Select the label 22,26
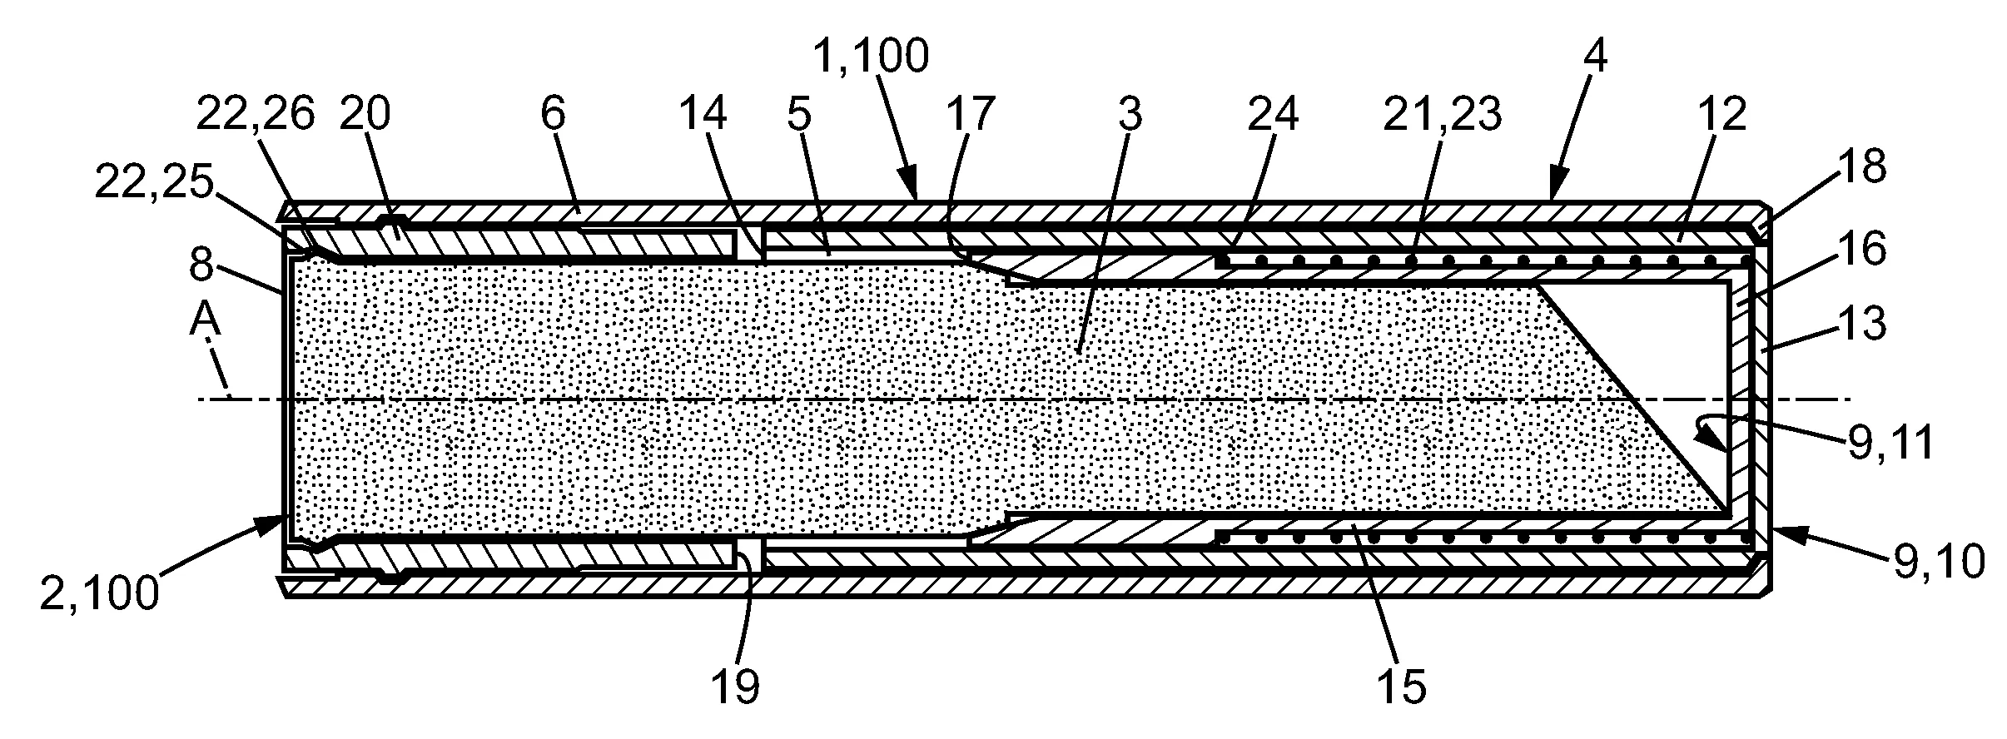255,114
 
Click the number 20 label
365,114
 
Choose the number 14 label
701,114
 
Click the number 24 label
1273,114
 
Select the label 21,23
1442,114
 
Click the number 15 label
1402,687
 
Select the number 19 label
736,687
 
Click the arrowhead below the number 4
1555,192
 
